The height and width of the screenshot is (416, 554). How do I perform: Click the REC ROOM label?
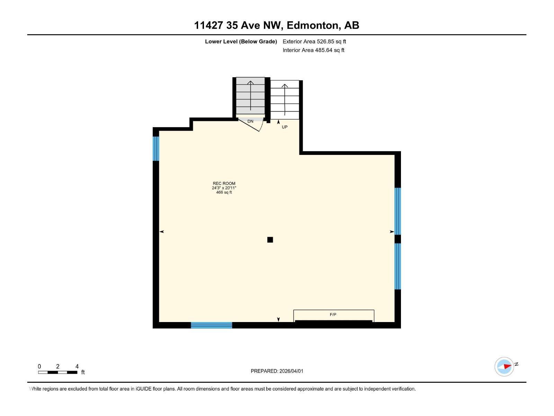click(224, 183)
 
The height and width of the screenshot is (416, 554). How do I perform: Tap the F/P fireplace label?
click(333, 314)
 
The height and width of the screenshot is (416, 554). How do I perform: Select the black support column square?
click(270, 240)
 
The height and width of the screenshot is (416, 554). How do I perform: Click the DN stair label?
click(250, 121)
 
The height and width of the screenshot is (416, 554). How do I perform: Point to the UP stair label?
click(285, 127)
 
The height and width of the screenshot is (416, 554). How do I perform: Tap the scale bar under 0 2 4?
click(57, 372)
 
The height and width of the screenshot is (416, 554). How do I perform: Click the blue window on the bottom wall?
click(211, 325)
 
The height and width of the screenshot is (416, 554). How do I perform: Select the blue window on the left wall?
click(156, 148)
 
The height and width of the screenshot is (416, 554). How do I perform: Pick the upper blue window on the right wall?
click(397, 211)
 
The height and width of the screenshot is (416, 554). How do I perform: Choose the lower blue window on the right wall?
click(397, 266)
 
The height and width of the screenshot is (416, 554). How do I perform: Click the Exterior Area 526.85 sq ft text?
click(314, 42)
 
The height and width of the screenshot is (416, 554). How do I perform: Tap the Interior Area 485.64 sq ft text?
click(313, 50)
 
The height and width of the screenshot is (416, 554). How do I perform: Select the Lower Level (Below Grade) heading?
click(241, 42)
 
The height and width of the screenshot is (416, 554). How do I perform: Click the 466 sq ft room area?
click(224, 192)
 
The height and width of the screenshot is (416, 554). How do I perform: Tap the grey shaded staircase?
click(250, 96)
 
